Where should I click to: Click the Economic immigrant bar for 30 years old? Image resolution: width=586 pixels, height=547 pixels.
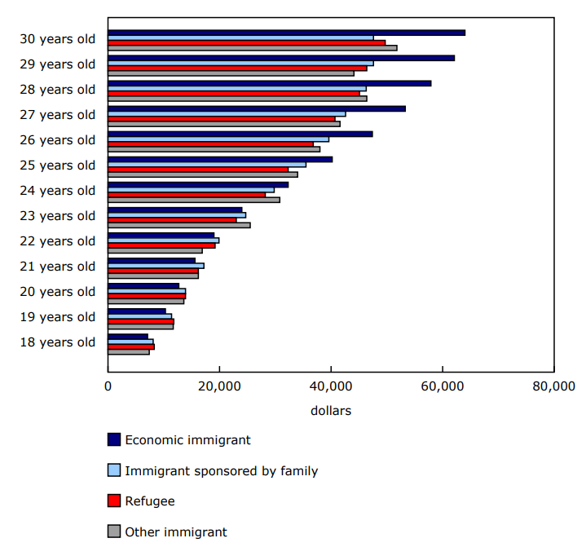[x=286, y=33]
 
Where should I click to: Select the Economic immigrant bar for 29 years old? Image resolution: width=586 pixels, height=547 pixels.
[x=281, y=58]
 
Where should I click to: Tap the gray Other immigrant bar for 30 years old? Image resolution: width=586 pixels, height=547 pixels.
[x=253, y=47]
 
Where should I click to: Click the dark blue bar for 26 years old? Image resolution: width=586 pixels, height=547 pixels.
[x=240, y=134]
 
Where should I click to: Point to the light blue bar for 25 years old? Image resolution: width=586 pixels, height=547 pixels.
[x=207, y=164]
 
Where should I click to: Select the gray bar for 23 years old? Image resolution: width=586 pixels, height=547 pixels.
[x=179, y=225]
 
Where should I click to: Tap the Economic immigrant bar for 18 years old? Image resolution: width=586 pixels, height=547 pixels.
[x=128, y=336]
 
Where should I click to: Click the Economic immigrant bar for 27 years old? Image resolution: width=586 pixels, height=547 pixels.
[x=257, y=108]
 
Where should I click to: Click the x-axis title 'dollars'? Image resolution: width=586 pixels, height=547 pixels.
[x=331, y=411]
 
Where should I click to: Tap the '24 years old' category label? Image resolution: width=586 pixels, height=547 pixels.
[x=57, y=190]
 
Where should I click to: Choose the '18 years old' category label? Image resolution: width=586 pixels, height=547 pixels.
[x=57, y=342]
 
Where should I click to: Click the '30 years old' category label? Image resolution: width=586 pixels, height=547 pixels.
[x=57, y=38]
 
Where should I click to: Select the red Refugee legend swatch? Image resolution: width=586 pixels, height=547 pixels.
[x=114, y=501]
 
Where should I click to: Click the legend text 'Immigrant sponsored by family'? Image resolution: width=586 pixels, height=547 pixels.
[x=221, y=470]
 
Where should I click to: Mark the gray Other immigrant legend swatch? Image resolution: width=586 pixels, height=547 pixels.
[x=114, y=532]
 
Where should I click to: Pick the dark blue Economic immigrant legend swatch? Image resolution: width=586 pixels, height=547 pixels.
[x=114, y=439]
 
